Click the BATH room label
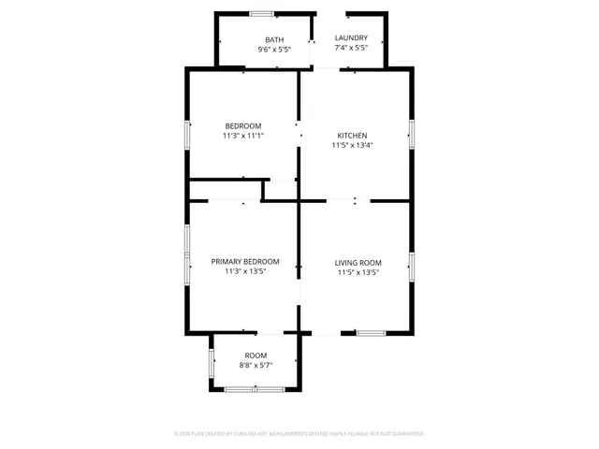pos(274,39)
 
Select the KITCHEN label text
pos(352,136)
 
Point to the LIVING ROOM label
pos(358,262)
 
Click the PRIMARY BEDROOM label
pos(245,262)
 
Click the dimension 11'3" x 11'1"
pos(242,136)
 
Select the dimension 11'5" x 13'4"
pos(352,145)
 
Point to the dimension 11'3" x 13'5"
pos(245,272)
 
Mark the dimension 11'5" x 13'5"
pos(358,272)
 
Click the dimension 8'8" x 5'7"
pos(256,366)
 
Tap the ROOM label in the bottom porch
pos(256,355)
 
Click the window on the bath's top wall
pos(262,13)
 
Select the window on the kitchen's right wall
pos(411,133)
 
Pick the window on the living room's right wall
pos(411,266)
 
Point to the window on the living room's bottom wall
pos(371,332)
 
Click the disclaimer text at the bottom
pos(299,434)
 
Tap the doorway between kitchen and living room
pos(341,200)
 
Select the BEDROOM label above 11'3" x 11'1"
pos(242,125)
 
